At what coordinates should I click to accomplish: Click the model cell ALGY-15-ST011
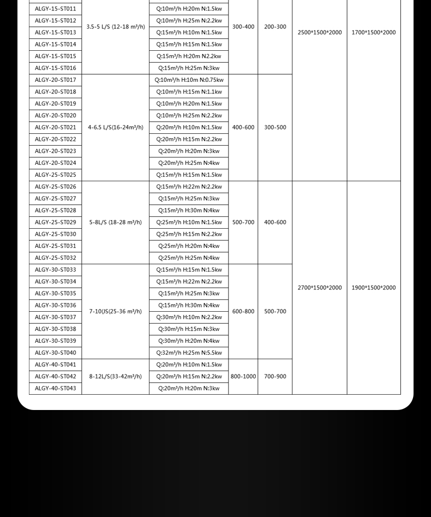(55, 9)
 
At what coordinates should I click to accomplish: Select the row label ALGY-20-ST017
(55, 80)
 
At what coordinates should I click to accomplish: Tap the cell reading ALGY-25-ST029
(55, 222)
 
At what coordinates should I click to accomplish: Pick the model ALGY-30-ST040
(55, 353)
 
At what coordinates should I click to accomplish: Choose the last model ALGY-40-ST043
(55, 388)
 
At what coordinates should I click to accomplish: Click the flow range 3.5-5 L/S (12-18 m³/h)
(116, 27)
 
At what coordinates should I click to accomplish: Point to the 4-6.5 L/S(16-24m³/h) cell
(116, 128)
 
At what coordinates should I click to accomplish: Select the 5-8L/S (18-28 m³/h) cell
(116, 222)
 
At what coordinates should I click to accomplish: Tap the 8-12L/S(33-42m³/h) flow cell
(116, 376)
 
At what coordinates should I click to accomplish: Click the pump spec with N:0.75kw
(189, 80)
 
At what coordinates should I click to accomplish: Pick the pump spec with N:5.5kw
(189, 353)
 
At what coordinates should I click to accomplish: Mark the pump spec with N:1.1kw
(189, 92)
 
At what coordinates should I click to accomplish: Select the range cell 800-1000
(243, 376)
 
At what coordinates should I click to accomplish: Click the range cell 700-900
(275, 376)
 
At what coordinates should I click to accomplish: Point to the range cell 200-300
(275, 27)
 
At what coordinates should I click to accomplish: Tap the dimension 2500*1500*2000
(320, 33)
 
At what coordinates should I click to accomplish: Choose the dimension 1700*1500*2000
(374, 33)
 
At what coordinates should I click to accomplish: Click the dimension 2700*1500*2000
(320, 288)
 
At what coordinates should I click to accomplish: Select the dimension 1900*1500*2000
(374, 288)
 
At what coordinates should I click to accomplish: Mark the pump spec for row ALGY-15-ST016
(189, 68)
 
